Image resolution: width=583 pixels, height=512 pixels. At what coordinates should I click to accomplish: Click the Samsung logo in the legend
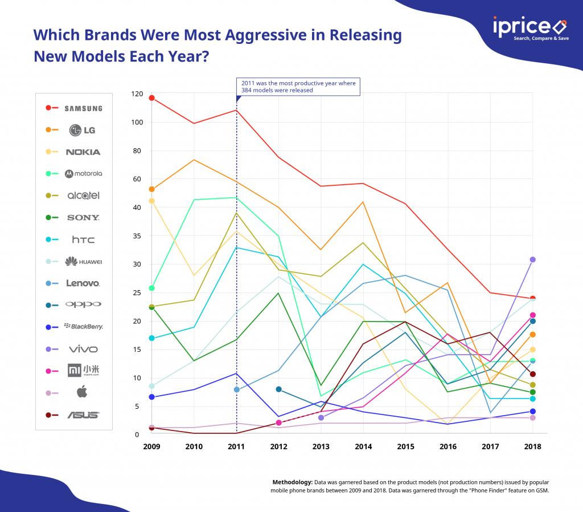[83, 108]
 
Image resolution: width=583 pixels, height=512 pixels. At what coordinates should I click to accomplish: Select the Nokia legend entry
[83, 152]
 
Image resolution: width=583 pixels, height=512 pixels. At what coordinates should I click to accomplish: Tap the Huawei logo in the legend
[83, 262]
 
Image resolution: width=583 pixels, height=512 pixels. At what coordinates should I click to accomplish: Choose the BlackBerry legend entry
[83, 327]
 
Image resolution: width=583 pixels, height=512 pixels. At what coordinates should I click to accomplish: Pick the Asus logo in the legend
[83, 415]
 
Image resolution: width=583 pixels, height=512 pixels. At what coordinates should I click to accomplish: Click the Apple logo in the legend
[83, 393]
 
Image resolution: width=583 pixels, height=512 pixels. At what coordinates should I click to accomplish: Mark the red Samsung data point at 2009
[151, 98]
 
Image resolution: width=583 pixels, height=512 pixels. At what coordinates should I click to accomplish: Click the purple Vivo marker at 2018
[532, 259]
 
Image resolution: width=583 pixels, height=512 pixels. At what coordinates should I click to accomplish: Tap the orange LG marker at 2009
[151, 189]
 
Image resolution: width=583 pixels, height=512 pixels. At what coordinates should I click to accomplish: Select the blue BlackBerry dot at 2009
[151, 397]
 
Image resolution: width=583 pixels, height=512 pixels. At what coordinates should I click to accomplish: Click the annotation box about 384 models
[298, 87]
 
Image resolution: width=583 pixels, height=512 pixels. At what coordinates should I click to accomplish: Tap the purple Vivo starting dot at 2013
[321, 418]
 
